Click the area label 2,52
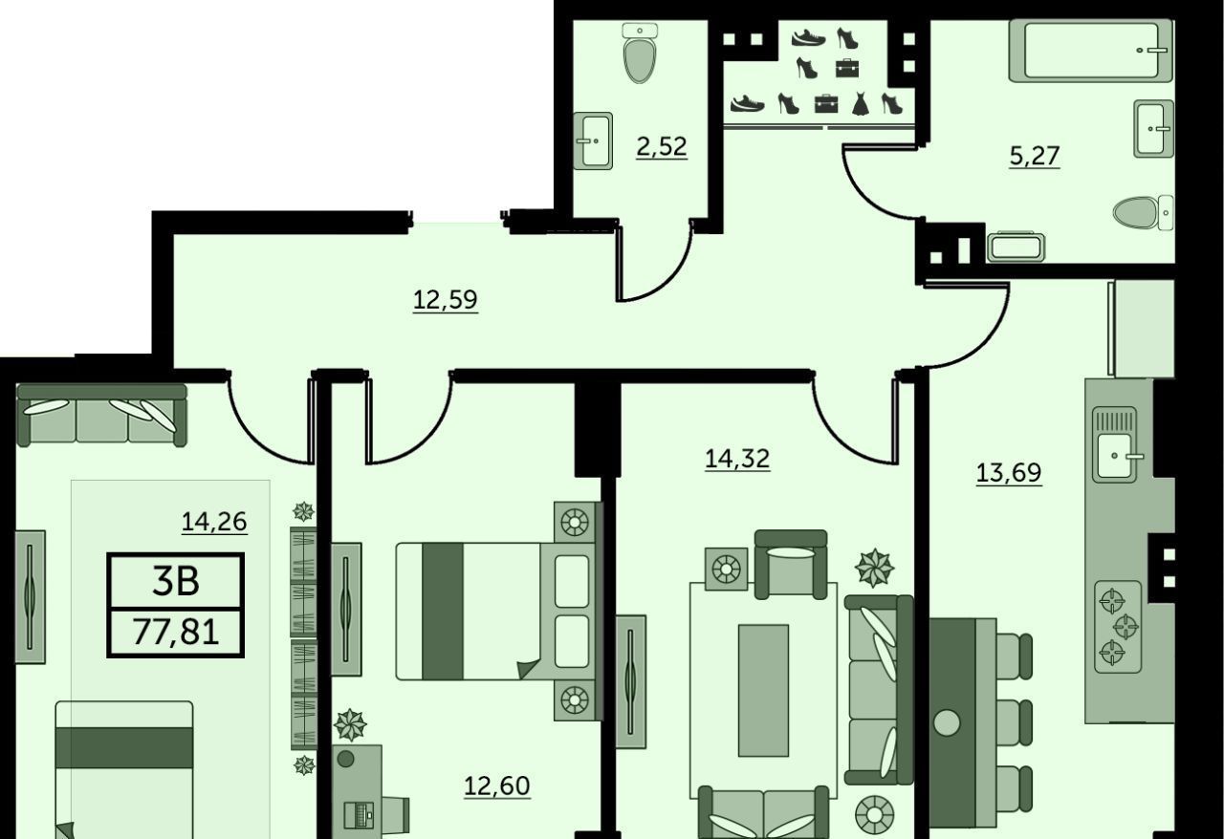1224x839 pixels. click(661, 147)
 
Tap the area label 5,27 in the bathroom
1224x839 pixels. click(1035, 156)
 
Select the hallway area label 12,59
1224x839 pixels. click(446, 300)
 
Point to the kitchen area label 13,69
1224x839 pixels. click(1009, 472)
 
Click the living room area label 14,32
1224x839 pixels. click(737, 459)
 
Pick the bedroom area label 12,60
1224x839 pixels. click(496, 786)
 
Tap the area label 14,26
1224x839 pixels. click(214, 522)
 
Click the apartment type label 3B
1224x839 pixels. click(176, 582)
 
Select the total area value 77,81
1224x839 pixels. click(175, 633)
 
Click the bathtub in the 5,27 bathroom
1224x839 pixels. click(1091, 51)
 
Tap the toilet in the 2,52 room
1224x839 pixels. click(640, 54)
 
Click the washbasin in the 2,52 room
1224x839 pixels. click(593, 140)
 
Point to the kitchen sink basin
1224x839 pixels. click(1115, 456)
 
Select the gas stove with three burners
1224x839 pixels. click(1119, 627)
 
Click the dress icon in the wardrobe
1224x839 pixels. click(860, 104)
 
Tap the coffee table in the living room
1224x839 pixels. click(763, 691)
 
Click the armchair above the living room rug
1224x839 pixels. click(791, 564)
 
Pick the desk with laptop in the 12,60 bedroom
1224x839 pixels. click(357, 792)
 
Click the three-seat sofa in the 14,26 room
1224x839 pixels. click(102, 416)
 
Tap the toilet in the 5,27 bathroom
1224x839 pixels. click(1143, 212)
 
